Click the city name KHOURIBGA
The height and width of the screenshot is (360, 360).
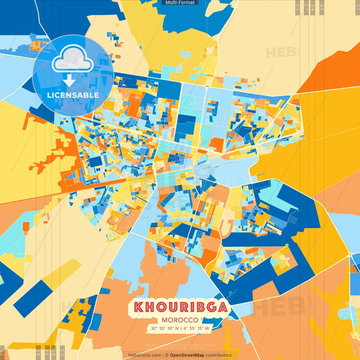pos(179,308)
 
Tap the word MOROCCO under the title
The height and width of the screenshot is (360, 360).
pos(179,319)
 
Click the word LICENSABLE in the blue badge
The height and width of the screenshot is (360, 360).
pos(74,95)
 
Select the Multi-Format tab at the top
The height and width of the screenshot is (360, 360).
pos(180,3)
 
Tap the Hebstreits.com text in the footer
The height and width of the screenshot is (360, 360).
pos(144,355)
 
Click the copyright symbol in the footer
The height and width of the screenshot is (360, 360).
pos(165,355)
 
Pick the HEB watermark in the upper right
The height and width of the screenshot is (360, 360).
pos(284,52)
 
